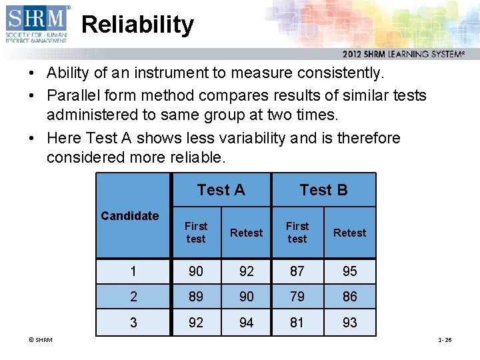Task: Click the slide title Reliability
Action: [137, 25]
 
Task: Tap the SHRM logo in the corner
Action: [37, 23]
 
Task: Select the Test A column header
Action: [221, 190]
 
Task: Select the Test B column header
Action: [323, 190]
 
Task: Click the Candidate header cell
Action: [130, 215]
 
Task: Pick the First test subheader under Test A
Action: [196, 232]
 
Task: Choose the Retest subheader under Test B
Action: [349, 233]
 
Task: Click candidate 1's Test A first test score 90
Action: [196, 271]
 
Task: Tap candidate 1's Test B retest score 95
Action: [349, 271]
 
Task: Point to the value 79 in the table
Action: [297, 297]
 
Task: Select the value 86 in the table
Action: [349, 297]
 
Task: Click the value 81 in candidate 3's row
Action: [297, 323]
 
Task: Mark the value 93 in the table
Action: [349, 323]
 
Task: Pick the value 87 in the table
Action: [297, 271]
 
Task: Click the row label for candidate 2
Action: [133, 297]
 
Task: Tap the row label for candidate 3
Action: [133, 323]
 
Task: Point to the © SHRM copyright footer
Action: [41, 340]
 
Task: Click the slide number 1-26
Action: [445, 340]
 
